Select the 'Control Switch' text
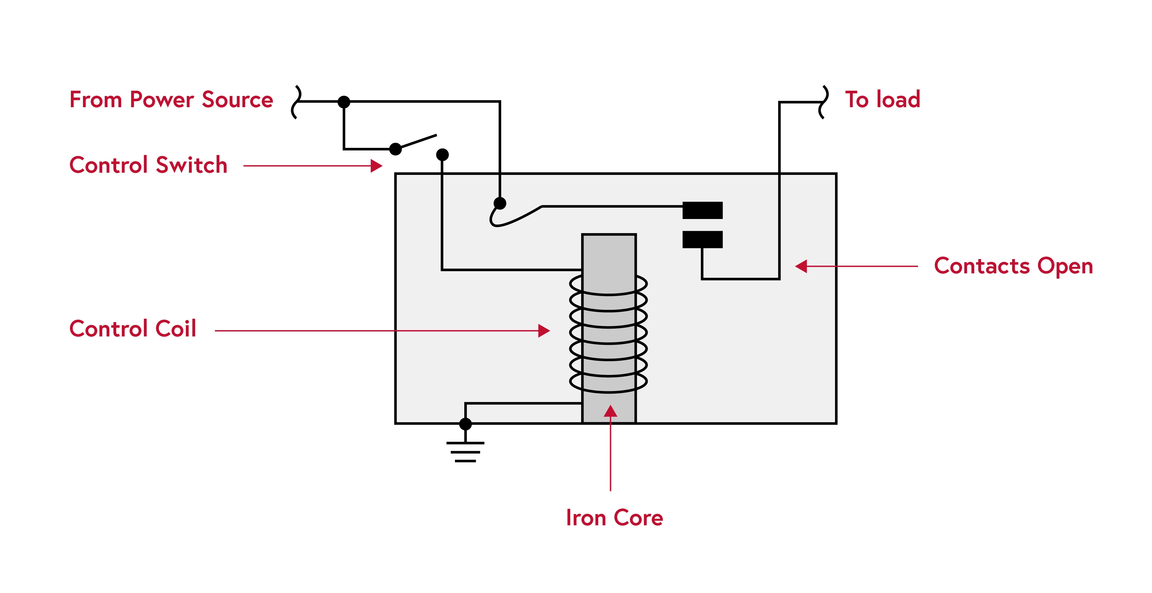(x=148, y=165)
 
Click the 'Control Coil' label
(x=133, y=329)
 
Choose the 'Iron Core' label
(x=614, y=518)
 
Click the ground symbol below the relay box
(x=465, y=451)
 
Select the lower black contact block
(x=702, y=239)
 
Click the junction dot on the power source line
(x=343, y=102)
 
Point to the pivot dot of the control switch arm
(x=395, y=149)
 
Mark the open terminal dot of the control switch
(x=442, y=155)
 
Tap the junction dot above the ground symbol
(x=465, y=424)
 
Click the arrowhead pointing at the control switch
(x=377, y=166)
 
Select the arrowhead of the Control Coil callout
(x=544, y=331)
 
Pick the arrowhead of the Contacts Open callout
(x=801, y=266)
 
